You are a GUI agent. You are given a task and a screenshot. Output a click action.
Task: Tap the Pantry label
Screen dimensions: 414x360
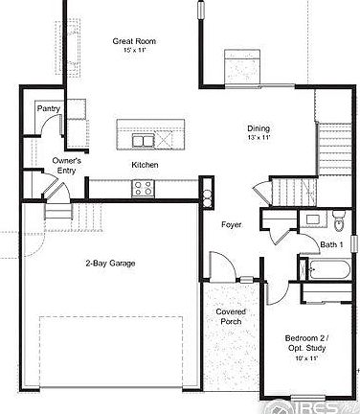49,108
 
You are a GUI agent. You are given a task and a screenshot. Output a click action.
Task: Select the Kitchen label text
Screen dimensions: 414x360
146,165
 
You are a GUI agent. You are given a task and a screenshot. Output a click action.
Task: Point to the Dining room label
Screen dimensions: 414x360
259,127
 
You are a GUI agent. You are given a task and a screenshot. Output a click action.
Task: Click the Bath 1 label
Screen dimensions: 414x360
331,244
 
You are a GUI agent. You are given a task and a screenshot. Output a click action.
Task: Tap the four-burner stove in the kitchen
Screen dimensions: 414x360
145,189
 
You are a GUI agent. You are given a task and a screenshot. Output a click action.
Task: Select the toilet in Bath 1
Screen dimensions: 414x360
337,223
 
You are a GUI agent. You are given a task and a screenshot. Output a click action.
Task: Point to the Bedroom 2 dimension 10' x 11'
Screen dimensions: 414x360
308,357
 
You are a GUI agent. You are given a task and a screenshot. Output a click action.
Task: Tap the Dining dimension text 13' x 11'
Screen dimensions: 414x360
259,138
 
